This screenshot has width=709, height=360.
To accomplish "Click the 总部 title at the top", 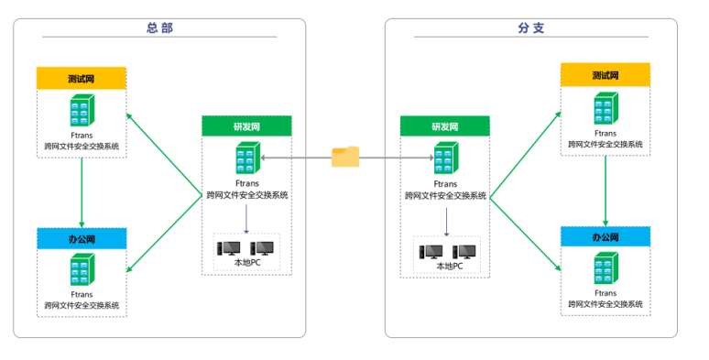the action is [159, 27].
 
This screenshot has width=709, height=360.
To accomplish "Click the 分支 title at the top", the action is [531, 27].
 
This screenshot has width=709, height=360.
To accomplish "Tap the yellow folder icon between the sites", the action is [345, 157].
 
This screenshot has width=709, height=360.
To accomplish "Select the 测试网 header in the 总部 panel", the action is [82, 78].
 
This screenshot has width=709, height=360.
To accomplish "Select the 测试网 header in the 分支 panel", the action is [605, 75].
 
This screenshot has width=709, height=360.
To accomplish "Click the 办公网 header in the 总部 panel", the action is [82, 239].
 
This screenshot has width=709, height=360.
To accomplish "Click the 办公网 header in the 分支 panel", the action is [605, 237].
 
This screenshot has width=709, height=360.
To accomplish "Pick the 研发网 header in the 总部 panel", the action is [247, 126].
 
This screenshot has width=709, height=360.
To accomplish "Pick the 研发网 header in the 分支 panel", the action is [445, 126].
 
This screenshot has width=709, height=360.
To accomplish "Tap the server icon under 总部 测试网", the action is [82, 110].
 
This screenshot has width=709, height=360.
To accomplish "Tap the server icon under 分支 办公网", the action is [605, 268].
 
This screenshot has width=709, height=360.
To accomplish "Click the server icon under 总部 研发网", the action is [248, 158].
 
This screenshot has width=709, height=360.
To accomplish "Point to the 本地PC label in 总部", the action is [247, 263].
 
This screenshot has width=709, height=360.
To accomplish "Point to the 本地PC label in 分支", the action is [450, 267].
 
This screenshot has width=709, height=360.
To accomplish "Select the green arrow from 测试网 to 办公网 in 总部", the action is [82, 192].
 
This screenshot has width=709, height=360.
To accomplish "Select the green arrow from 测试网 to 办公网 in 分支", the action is [605, 191].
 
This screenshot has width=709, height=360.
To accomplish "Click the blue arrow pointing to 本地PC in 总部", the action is [246, 219].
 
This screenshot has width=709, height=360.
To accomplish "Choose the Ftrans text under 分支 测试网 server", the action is [605, 134].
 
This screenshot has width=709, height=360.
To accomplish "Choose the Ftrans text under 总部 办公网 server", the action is [82, 294].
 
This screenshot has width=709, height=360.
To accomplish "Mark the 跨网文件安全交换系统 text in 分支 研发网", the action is [445, 196].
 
